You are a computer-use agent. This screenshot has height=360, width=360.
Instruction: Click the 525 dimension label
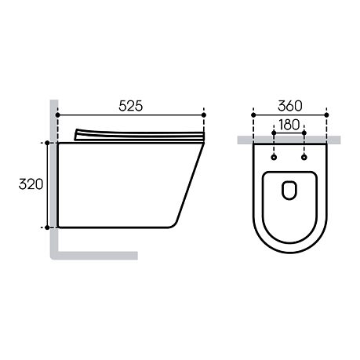click(x=131, y=106)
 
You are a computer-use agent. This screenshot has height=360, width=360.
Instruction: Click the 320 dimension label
click(x=31, y=184)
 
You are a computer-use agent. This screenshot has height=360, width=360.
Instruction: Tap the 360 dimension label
click(x=290, y=106)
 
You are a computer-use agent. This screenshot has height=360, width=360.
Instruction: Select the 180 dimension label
click(x=289, y=125)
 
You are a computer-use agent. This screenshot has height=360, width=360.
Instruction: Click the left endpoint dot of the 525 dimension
click(x=58, y=115)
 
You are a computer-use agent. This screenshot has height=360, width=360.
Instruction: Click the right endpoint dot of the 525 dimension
click(x=204, y=115)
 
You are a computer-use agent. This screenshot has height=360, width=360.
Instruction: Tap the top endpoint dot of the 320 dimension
click(x=47, y=143)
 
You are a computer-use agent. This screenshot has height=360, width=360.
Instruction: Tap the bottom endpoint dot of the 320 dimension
click(x=47, y=227)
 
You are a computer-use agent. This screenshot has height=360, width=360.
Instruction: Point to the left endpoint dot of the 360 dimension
click(x=253, y=115)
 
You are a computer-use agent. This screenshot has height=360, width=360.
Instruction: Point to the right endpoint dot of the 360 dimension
click(x=326, y=115)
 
